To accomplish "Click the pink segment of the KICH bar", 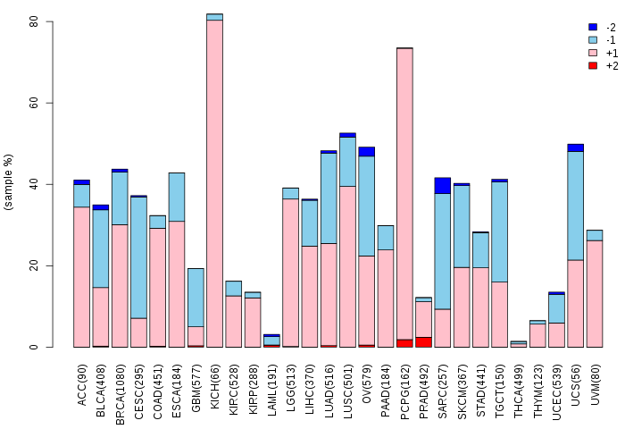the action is tap(215, 183).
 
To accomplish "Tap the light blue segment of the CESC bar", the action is tap(138, 257).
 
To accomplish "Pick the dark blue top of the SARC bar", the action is tap(443, 186).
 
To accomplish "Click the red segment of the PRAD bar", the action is tap(424, 342).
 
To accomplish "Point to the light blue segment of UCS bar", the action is tap(576, 206).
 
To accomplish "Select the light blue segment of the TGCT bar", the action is tap(499, 231).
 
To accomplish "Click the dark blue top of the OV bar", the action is tap(367, 152).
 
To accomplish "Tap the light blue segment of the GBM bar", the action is tap(196, 298).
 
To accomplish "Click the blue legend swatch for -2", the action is tap(593, 27).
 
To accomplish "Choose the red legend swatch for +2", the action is tap(593, 65).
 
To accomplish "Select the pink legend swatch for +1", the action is tap(593, 53).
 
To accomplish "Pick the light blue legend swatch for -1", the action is tap(593, 40).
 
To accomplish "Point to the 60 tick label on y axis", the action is tap(34, 103).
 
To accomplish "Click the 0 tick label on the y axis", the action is tap(34, 347).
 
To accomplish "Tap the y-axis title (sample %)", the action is tap(8, 182).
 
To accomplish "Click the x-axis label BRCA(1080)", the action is tap(120, 394).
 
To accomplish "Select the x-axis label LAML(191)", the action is tap(272, 391).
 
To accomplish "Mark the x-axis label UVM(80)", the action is tap(596, 384).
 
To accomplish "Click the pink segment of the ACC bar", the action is tap(82, 277).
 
